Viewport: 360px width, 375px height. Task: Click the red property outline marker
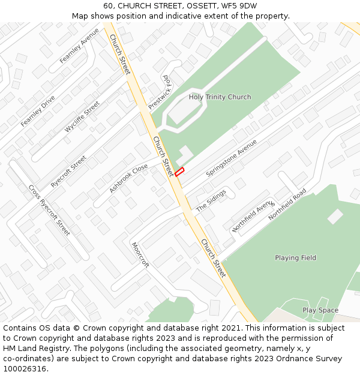[179, 172]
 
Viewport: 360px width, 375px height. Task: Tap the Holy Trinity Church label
[220, 97]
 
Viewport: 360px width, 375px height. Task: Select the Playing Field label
[295, 258]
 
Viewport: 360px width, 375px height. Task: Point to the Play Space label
[320, 310]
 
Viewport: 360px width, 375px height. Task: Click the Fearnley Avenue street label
[79, 46]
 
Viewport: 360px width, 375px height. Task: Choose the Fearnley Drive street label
[38, 110]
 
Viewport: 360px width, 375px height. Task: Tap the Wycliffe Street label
[82, 116]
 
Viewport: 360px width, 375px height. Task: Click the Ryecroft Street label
[68, 172]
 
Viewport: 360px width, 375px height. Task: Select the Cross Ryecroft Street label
[49, 209]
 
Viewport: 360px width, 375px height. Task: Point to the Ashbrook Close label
[128, 179]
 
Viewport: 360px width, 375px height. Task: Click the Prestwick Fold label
[160, 92]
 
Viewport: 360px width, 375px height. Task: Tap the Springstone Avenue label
[231, 158]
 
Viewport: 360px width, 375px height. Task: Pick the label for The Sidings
[211, 200]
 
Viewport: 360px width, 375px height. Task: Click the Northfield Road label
[287, 204]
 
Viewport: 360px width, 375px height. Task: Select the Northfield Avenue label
[253, 217]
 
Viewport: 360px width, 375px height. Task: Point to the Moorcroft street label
[140, 255]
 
